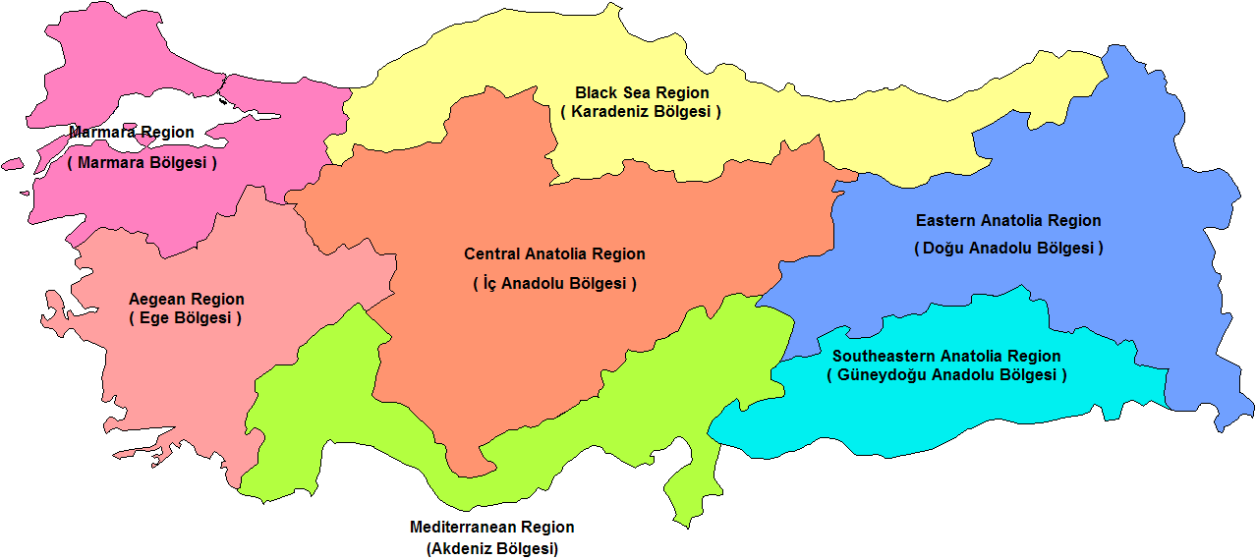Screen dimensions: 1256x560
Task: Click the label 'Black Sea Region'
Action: (x=642, y=92)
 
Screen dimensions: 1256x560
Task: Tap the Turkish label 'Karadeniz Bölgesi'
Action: (x=641, y=112)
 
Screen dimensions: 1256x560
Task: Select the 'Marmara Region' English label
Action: (x=132, y=132)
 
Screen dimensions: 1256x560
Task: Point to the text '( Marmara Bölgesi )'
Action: (x=143, y=162)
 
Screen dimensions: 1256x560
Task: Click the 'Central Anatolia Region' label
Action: (x=554, y=253)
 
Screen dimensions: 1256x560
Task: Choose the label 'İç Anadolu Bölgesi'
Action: (x=554, y=283)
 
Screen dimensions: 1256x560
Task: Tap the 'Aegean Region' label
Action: (x=187, y=299)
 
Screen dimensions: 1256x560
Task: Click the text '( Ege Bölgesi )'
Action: (x=185, y=318)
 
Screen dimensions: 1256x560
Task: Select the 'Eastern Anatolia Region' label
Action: (x=1008, y=220)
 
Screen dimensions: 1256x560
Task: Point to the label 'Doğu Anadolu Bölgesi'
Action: (x=1008, y=248)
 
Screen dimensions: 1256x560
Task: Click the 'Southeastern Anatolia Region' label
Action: (x=946, y=356)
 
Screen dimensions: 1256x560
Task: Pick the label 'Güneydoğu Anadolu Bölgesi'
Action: (x=946, y=375)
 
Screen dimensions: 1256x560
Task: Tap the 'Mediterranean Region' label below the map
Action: (x=491, y=528)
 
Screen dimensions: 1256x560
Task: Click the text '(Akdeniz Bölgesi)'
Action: (x=491, y=548)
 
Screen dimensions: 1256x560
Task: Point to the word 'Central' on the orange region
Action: (x=491, y=253)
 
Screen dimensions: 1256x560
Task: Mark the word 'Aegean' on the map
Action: (x=157, y=299)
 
